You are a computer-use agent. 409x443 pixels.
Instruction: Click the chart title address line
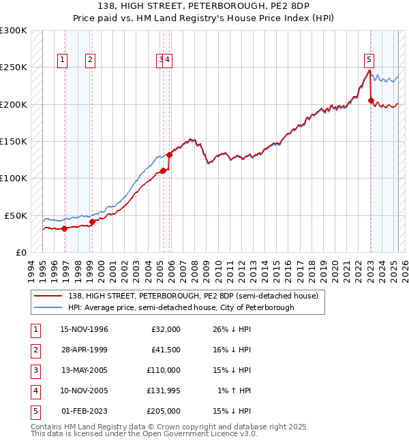(x=204, y=7)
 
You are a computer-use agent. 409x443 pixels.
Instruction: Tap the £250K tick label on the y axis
(x=14, y=67)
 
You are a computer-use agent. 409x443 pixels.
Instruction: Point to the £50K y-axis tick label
(x=16, y=215)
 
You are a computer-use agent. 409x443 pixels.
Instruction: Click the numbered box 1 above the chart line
(x=62, y=59)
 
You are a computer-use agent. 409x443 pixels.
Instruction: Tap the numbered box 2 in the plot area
(x=90, y=59)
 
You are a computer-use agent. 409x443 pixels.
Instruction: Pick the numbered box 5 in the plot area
(x=368, y=59)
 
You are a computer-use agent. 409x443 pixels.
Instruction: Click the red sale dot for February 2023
(x=372, y=101)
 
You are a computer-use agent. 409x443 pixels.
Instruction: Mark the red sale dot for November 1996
(x=65, y=229)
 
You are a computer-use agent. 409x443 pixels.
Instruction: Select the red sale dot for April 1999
(x=93, y=221)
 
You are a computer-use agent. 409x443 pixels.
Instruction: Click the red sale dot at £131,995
(x=169, y=155)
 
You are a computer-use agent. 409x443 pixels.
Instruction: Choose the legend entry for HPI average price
(x=181, y=307)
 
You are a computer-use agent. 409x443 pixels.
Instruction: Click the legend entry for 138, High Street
(x=193, y=296)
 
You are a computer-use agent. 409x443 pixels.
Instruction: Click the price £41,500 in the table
(x=165, y=350)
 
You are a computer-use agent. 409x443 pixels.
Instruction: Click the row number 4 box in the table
(x=35, y=391)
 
